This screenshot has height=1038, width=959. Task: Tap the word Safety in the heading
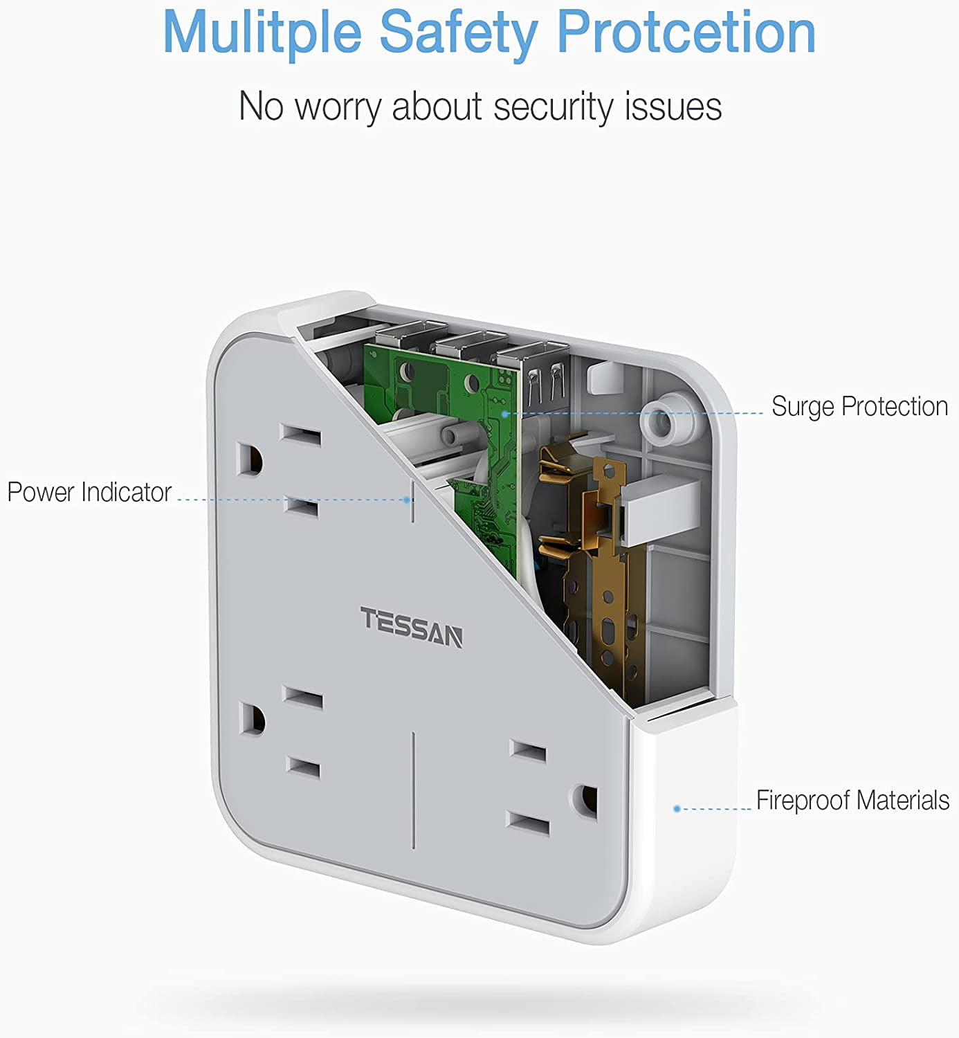458,33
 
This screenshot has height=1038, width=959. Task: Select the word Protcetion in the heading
686,33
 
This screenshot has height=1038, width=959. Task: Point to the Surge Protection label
859,407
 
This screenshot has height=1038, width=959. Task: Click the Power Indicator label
89,492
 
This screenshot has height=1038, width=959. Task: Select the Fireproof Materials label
852,801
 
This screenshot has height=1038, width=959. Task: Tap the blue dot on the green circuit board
505,414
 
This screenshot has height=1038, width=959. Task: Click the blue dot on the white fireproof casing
677,808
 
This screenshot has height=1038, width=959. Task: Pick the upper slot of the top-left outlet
300,437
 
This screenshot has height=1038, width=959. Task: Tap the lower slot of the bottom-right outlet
528,823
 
